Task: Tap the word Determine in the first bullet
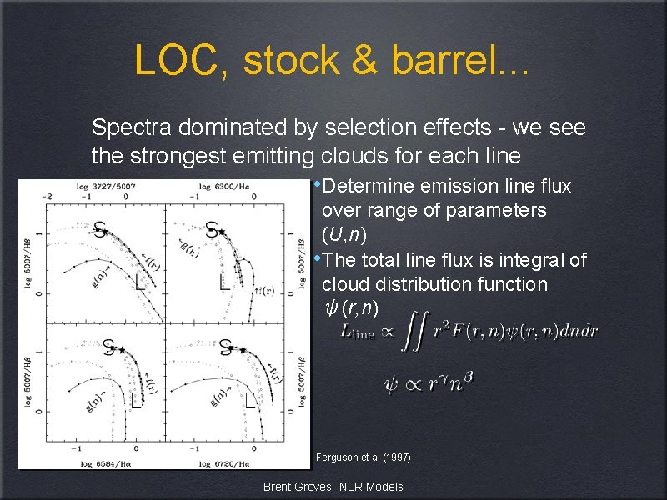[368, 186]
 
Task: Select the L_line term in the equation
[359, 331]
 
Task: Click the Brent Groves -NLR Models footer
[333, 487]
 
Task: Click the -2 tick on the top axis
[48, 195]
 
